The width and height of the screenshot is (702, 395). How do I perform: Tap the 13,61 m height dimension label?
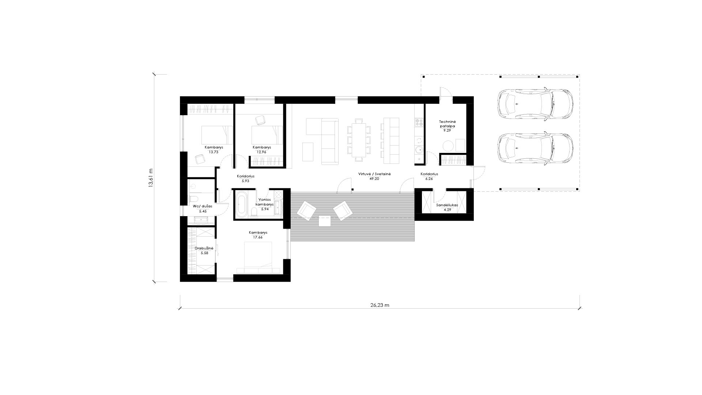[151, 178]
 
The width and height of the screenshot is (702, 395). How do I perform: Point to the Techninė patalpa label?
[448, 124]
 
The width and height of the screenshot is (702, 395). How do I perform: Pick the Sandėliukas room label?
[447, 205]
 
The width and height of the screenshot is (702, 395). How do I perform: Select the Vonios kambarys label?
[265, 202]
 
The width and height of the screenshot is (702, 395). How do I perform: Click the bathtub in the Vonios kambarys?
[241, 205]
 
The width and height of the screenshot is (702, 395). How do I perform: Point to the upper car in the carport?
[535, 104]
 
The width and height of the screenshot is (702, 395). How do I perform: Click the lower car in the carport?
[535, 148]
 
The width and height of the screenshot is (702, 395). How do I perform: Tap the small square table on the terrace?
[325, 221]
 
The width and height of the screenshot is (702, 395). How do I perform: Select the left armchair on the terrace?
[306, 211]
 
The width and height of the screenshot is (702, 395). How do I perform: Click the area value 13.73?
[214, 152]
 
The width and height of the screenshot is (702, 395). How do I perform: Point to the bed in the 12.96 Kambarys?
[267, 135]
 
